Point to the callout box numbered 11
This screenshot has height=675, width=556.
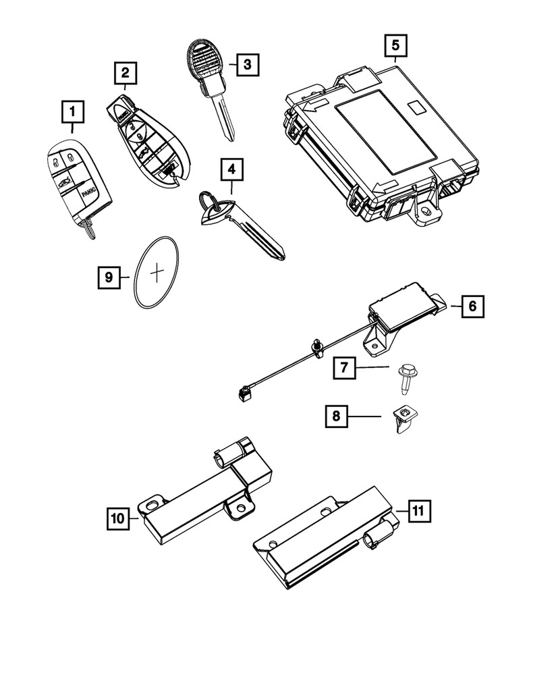[x=417, y=511]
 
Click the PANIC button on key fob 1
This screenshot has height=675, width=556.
[x=86, y=192]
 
